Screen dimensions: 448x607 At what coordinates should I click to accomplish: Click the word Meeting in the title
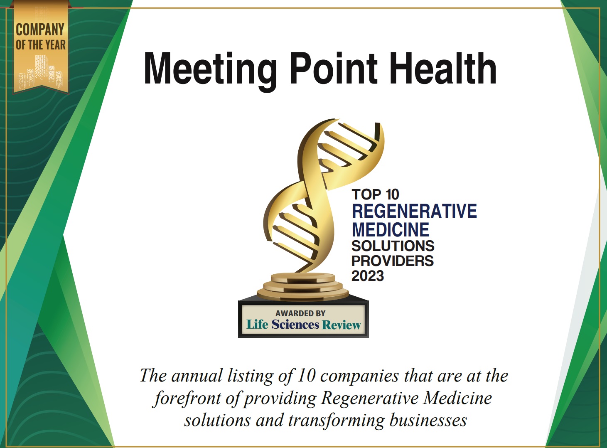click(210, 69)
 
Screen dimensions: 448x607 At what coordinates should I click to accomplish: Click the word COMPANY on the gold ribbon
click(40, 30)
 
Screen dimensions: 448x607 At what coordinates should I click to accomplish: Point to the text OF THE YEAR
click(40, 44)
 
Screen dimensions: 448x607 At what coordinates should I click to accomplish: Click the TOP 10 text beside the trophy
click(375, 194)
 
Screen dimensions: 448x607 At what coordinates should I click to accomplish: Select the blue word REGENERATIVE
click(414, 211)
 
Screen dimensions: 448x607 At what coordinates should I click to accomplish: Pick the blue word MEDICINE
click(390, 230)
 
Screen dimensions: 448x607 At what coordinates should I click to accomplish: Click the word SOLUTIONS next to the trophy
click(393, 246)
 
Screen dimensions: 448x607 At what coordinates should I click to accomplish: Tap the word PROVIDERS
click(392, 261)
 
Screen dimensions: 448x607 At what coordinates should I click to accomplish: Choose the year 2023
click(367, 276)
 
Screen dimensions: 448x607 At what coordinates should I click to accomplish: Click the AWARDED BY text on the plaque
click(300, 313)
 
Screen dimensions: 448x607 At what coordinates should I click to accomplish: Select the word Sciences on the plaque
click(295, 325)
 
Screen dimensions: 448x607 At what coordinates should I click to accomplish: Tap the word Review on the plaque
click(341, 325)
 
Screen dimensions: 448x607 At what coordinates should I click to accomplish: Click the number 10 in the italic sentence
click(306, 376)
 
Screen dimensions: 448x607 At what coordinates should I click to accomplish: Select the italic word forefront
click(187, 398)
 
